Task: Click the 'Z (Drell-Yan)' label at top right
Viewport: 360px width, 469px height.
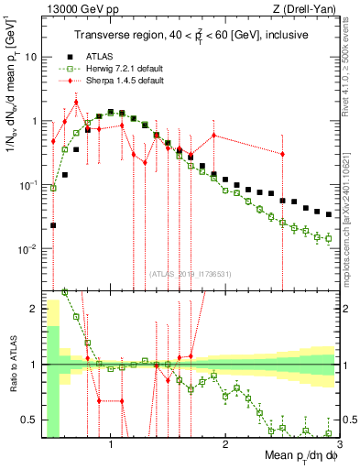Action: [308, 8]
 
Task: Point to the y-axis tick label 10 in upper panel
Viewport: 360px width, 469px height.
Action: [29, 56]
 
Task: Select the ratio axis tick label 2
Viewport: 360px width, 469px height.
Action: [32, 310]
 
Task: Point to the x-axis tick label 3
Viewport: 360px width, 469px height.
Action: [338, 446]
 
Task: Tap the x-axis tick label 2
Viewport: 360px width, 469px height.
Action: [224, 446]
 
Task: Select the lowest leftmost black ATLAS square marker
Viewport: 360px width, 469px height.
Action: [53, 224]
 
